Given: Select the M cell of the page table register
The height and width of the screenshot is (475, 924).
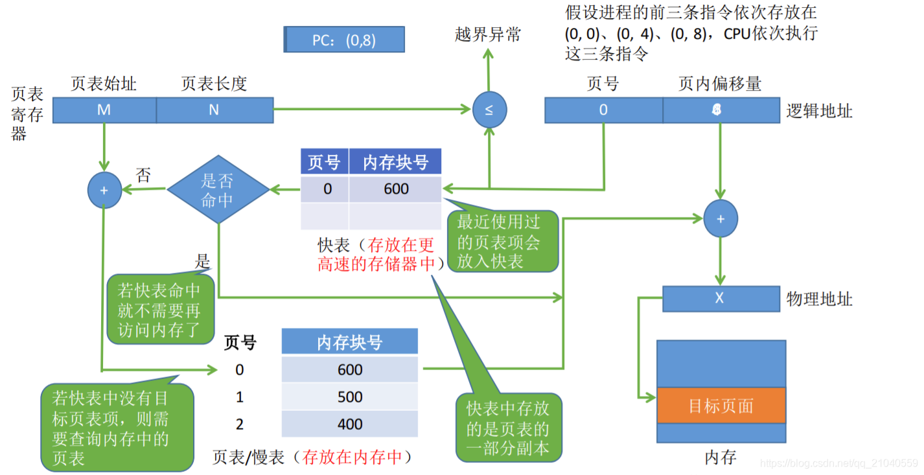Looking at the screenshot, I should pos(104,110).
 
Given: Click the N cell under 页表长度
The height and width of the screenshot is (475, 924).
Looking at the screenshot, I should pos(214,110).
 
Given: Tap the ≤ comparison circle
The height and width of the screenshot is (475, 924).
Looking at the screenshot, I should pos(489,110).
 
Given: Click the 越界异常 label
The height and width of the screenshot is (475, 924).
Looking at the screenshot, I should pos(488,34).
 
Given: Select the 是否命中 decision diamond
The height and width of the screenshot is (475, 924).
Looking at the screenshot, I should pos(218,189).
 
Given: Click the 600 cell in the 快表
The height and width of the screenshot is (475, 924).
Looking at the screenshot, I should pos(395,189).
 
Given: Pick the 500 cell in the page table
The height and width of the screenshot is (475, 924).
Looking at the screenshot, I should pos(350,397).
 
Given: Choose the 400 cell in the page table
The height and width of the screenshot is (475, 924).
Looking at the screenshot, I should pos(350,424).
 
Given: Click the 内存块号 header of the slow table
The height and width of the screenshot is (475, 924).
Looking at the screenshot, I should pos(350,342).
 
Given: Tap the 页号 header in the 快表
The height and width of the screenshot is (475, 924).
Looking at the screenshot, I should pos(324,162).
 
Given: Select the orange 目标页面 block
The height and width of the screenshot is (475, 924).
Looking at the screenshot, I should pos(721,406).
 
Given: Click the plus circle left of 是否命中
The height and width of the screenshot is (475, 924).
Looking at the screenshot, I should pos(104,191).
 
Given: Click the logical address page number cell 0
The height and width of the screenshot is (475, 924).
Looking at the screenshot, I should pos(603,110).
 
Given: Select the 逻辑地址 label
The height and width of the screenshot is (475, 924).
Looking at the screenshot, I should pos(819,111).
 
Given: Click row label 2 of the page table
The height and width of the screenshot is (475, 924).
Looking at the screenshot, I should pos(240,424).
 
